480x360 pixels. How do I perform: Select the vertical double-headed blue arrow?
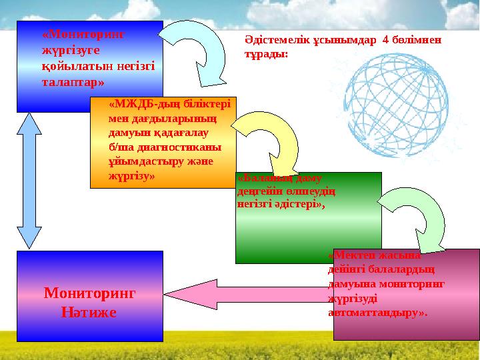[x=29, y=180]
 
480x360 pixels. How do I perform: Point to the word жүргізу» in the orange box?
[x=131, y=178]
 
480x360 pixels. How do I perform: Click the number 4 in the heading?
[x=385, y=40]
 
